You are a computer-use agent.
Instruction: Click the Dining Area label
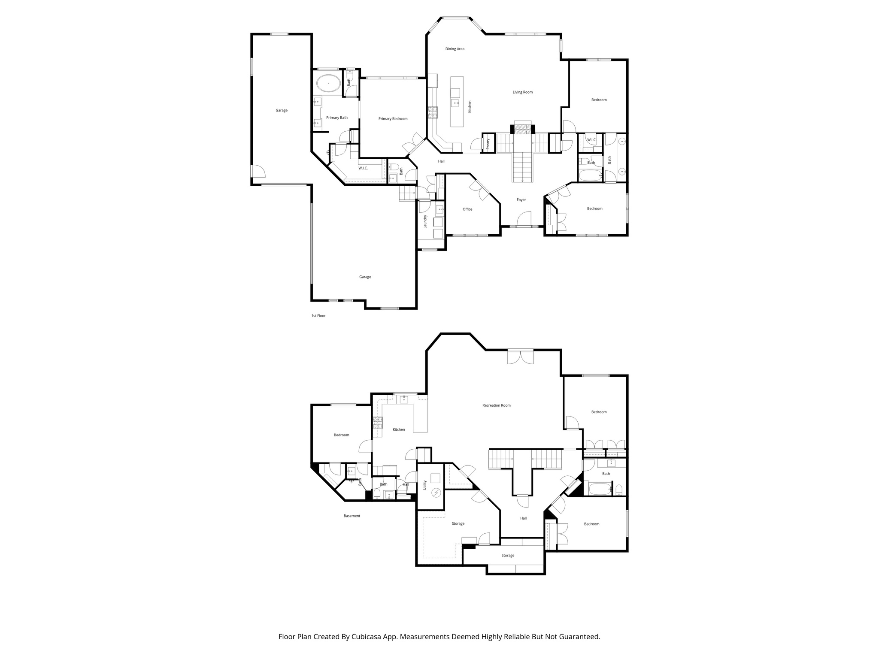[x=455, y=49]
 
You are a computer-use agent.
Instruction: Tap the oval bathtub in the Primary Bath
[x=328, y=83]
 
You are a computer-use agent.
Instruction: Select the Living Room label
[x=522, y=92]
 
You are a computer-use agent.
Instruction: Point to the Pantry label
[x=488, y=144]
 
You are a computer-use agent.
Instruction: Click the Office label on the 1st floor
[x=467, y=209]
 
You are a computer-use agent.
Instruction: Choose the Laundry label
[x=425, y=221]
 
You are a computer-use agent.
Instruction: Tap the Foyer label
[x=521, y=200]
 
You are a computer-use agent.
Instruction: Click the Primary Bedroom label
[x=393, y=119]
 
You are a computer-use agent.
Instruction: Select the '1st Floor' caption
[x=318, y=316]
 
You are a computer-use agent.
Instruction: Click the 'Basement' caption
[x=352, y=516]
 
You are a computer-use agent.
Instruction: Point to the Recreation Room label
[x=496, y=405]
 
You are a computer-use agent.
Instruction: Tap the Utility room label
[x=425, y=485]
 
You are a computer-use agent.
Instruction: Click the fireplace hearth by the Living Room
[x=522, y=128]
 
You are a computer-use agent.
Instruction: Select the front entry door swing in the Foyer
[x=524, y=219]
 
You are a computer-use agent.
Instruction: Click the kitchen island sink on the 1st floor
[x=455, y=103]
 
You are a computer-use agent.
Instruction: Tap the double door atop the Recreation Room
[x=520, y=357]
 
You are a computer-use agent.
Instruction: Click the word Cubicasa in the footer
[x=368, y=637]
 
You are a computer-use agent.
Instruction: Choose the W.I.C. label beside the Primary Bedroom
[x=363, y=168]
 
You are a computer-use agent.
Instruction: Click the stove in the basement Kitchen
[x=377, y=423]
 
